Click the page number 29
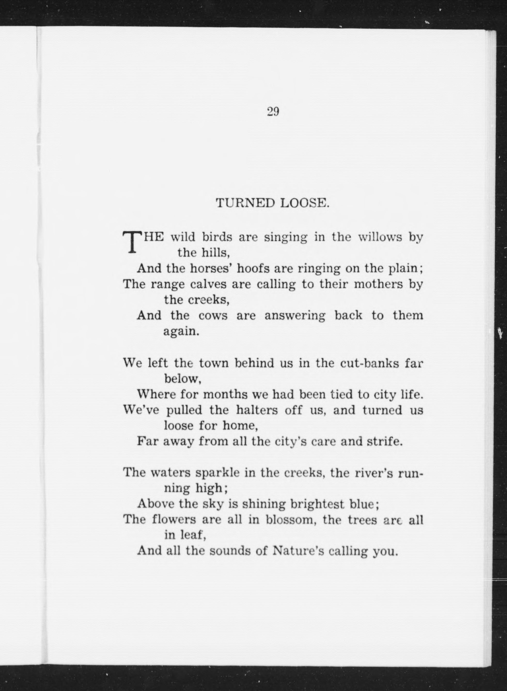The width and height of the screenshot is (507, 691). point(273,112)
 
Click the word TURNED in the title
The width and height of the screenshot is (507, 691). point(245,203)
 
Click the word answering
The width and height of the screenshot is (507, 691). point(295,316)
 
